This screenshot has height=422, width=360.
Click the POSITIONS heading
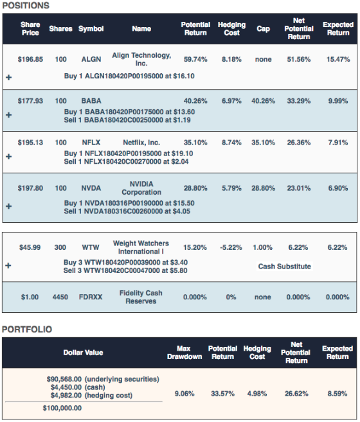[x=26, y=6]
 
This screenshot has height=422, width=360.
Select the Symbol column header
[x=91, y=29]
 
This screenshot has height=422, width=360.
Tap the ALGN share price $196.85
[x=30, y=59]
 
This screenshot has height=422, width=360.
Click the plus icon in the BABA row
[x=8, y=115]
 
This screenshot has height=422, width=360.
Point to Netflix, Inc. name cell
[x=141, y=143]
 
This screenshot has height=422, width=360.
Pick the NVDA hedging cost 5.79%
[x=231, y=188]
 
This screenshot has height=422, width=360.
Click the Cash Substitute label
[x=285, y=267]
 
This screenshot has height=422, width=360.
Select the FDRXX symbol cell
[x=91, y=297]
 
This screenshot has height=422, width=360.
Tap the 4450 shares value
[x=60, y=297]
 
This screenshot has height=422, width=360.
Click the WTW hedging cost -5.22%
[x=231, y=247]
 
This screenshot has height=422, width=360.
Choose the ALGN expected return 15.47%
[x=338, y=59]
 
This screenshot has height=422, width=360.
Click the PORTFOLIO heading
[x=27, y=330]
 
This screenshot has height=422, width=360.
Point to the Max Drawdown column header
[x=184, y=353]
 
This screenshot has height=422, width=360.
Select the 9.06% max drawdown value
[x=184, y=394]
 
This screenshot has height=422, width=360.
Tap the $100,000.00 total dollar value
[x=62, y=408]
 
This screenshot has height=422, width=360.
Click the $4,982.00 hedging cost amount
[x=66, y=396]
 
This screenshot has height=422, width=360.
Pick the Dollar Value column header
[x=84, y=353]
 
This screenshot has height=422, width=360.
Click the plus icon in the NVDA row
[x=8, y=206]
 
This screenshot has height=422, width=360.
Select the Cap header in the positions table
[x=264, y=29]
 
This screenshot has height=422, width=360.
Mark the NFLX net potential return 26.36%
[x=299, y=143]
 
